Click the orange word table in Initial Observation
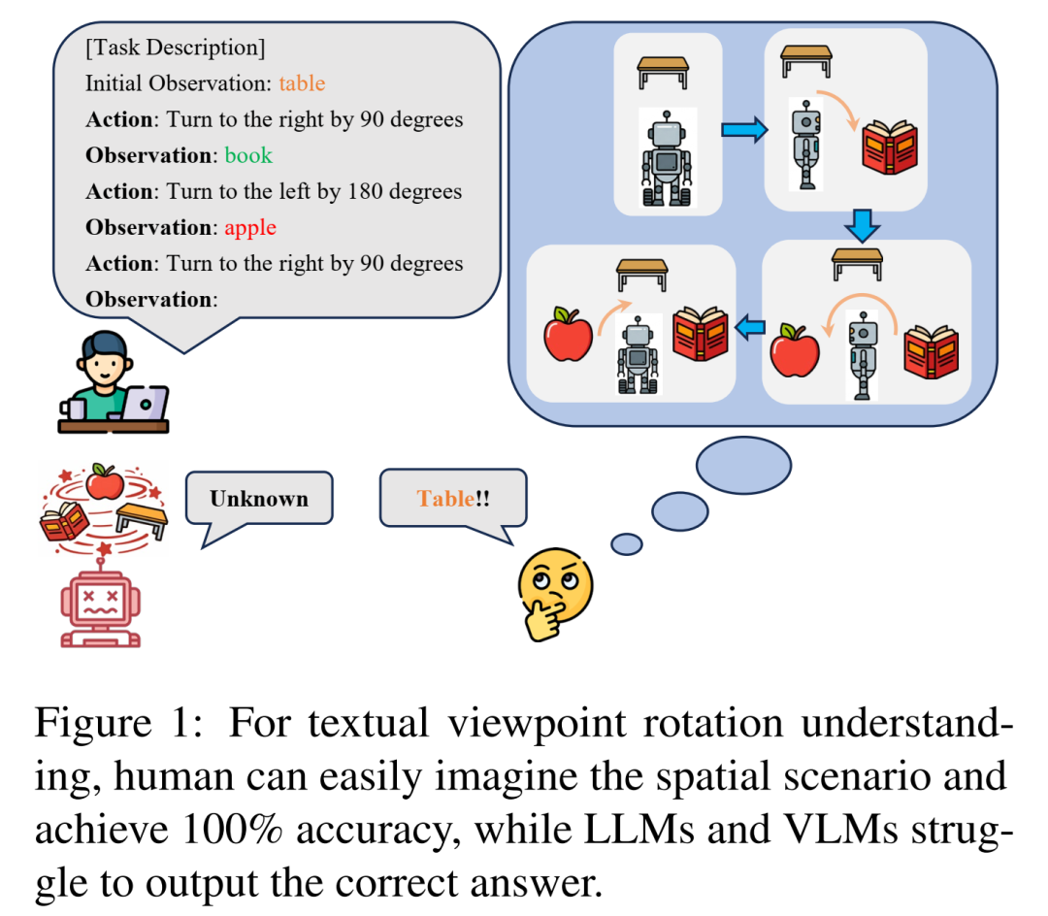(302, 83)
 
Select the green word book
(248, 155)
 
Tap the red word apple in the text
(250, 228)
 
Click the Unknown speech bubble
(259, 499)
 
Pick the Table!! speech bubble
(453, 499)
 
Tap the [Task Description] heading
(175, 47)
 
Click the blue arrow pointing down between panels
(861, 225)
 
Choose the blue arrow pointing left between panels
(749, 331)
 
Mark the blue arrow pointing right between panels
(743, 131)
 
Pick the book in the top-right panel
(889, 147)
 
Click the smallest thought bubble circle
(627, 544)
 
